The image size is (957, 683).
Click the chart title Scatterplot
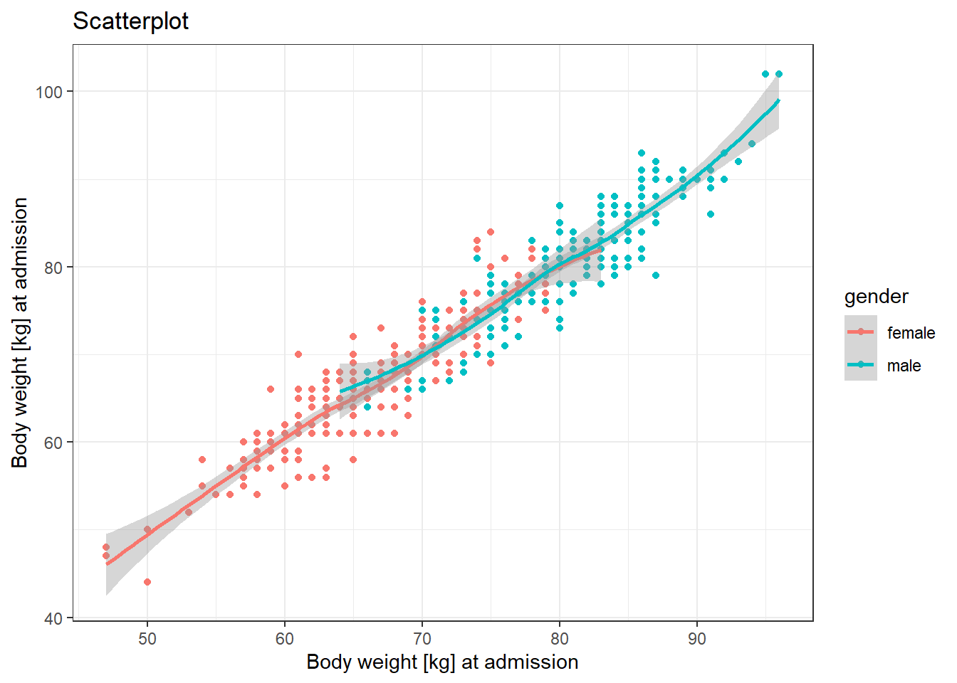131,21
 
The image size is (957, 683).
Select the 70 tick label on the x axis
422,638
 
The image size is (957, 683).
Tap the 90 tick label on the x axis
697,638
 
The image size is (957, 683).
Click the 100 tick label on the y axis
50,92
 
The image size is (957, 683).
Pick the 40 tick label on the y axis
54,618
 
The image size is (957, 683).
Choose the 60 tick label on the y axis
54,443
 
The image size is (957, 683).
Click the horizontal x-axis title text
442,662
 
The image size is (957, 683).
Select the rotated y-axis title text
20,333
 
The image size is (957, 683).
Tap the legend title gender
877,297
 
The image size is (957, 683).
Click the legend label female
911,333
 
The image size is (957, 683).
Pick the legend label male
904,366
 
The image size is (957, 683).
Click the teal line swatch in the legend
861,365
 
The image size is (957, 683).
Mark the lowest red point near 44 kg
147,582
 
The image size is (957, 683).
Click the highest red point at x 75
491,232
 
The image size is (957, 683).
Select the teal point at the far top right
779,74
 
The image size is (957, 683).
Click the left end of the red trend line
107,564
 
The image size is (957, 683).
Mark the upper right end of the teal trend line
779,100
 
